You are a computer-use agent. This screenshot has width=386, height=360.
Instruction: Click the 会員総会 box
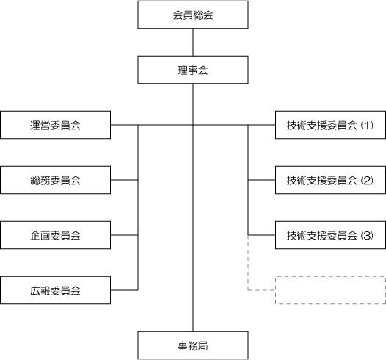tap(193, 15)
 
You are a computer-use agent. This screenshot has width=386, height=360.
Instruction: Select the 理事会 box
tap(193, 70)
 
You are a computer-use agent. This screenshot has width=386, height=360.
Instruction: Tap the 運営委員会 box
tap(55, 125)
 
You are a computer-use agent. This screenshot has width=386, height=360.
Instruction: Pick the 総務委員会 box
tap(55, 180)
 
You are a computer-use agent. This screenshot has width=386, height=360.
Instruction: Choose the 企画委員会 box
tap(55, 235)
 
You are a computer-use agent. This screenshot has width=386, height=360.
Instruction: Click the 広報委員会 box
tap(55, 290)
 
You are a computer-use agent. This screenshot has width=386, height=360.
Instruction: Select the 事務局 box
tap(193, 345)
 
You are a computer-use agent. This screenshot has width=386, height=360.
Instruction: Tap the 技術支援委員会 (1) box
tap(330, 125)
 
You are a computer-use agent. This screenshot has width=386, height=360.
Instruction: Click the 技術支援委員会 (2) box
tap(330, 180)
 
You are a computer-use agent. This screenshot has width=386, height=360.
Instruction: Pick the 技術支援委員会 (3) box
tap(330, 235)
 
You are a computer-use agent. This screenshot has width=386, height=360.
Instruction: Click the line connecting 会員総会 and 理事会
tap(193, 43)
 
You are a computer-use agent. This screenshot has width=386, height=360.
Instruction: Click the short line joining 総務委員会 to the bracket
tap(124, 180)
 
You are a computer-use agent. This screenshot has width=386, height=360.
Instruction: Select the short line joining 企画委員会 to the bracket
tap(124, 235)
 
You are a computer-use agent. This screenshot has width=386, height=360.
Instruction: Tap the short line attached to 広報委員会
tap(124, 290)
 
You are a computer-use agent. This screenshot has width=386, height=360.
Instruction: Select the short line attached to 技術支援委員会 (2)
tap(262, 180)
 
